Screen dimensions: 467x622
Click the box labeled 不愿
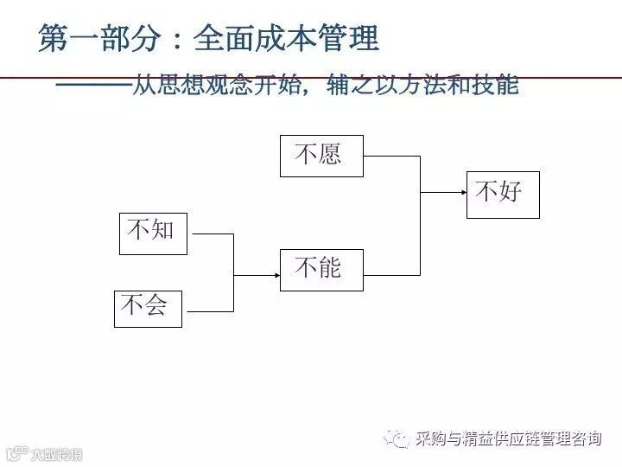321,156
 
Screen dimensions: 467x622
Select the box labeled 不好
503,194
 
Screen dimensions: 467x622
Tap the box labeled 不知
153,231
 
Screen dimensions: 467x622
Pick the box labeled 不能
321,269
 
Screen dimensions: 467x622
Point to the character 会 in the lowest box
156,305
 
